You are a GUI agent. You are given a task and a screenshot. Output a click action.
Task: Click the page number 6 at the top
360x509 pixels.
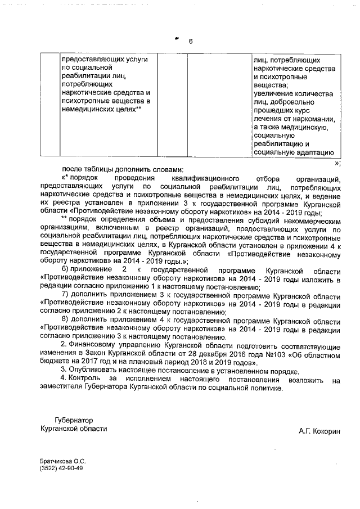(x=190, y=42)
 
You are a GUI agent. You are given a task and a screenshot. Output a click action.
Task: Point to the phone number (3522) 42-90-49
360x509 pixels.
(x=61, y=469)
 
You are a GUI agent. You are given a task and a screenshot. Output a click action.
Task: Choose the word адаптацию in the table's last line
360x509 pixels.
(x=317, y=152)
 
